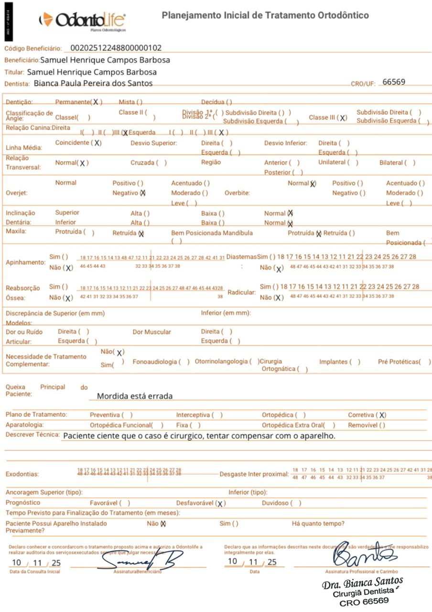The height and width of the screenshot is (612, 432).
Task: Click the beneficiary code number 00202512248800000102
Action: coord(116,48)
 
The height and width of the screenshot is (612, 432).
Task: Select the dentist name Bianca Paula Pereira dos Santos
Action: coord(93,83)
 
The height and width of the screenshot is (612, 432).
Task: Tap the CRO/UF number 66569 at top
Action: coord(394,82)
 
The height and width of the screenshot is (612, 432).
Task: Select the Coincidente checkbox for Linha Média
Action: coord(97,143)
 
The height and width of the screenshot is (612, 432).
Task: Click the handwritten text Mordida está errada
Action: coord(135,396)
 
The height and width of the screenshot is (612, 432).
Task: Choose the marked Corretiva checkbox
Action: coord(381,415)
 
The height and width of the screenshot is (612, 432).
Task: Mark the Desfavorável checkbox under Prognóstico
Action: coord(221,503)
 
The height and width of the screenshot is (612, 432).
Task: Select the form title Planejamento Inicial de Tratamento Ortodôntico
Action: coord(265,15)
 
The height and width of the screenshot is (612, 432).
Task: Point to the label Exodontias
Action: coord(22,474)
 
